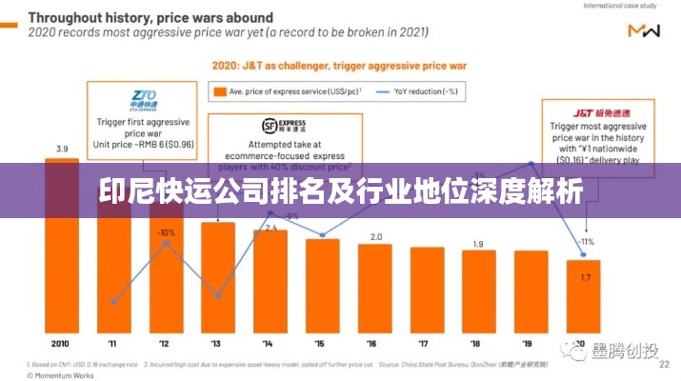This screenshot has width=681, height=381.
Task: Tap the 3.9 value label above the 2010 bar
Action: tap(62, 149)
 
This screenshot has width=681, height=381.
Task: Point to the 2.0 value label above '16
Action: tap(375, 236)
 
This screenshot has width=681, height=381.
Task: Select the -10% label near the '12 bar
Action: tap(166, 232)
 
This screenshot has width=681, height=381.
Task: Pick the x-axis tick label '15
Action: tap(322, 343)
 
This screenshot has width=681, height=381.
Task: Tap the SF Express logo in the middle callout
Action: tap(284, 125)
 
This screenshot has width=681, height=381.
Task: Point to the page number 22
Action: tap(663, 363)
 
